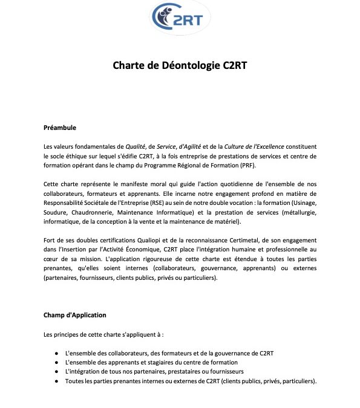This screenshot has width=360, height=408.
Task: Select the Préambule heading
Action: point(60,128)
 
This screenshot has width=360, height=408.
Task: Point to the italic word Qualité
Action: point(136,147)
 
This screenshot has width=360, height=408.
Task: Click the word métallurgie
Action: point(296,213)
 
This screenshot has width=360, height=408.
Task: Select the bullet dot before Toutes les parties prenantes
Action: point(56,381)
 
